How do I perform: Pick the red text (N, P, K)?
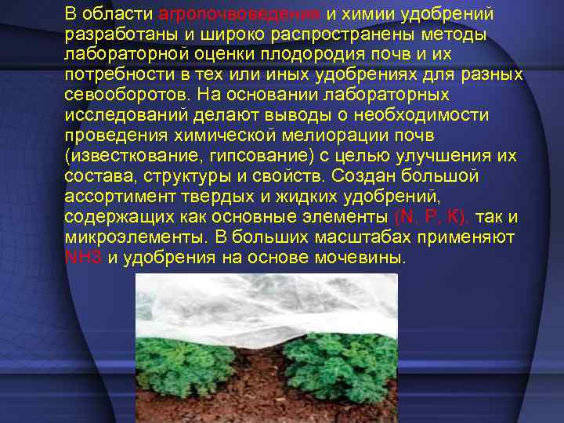point(432,217)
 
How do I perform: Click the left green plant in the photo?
point(188,356)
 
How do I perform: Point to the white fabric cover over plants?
point(266,305)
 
